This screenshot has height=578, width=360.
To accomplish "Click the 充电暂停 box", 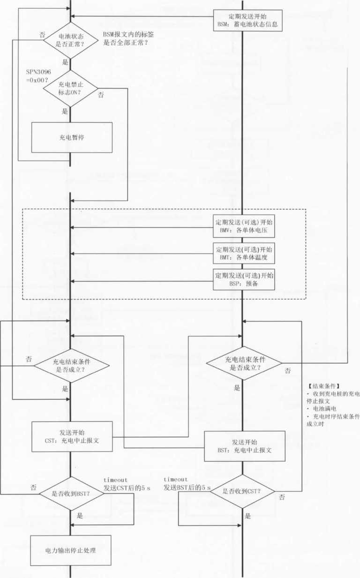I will pos(72,137).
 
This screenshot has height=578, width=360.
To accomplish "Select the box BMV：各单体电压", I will pos(244,227).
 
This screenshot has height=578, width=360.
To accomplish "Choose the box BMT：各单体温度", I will pos(244,254).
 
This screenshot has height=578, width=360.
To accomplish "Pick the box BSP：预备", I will pos(244,280).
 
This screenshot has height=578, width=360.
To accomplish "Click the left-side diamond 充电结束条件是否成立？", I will pos(71,366).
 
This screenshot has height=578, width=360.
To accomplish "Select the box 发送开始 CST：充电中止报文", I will pos(72,436).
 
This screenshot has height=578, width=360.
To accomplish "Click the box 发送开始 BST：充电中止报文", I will pos(245,445).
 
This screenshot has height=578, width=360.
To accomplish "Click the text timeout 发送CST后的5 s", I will pos(127,484).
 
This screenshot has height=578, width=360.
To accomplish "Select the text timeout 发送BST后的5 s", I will pos(187,484).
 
